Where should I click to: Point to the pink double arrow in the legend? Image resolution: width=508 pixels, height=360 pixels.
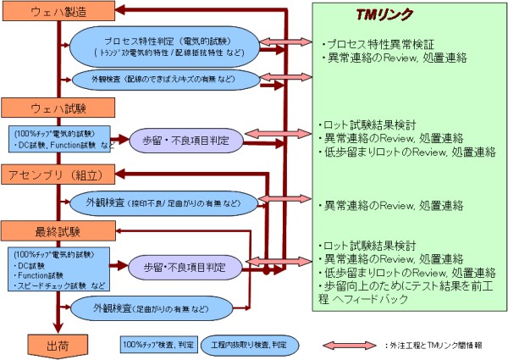[351, 345]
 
